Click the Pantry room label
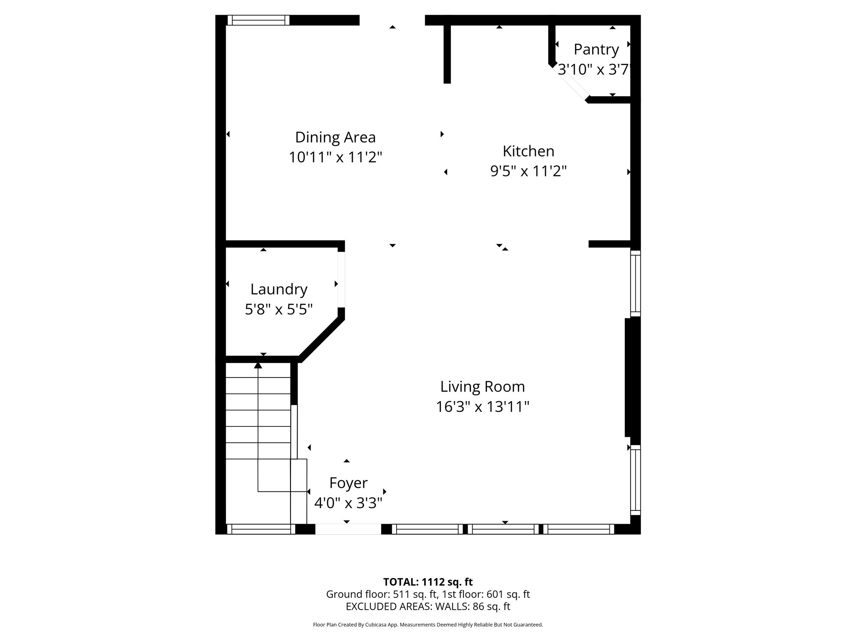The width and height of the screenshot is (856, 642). tap(596, 49)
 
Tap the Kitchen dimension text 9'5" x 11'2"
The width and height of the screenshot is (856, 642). tap(528, 171)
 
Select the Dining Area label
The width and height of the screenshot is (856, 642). tap(335, 137)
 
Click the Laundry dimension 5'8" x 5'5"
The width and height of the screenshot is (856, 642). tap(279, 309)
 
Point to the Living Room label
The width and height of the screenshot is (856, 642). tap(482, 387)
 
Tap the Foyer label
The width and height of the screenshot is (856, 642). tap(348, 483)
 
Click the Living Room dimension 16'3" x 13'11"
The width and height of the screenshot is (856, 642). tap(482, 407)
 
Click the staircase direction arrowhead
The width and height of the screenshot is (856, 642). tap(258, 365)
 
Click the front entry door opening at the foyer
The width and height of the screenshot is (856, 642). tap(348, 529)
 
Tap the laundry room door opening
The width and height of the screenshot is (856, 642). tap(341, 279)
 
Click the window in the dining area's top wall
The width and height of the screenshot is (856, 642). tap(258, 20)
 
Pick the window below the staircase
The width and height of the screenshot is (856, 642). tap(261, 529)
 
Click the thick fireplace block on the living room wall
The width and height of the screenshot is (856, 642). tap(632, 377)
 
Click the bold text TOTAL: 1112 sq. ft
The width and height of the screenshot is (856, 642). tap(428, 582)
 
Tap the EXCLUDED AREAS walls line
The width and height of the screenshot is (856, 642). tap(428, 606)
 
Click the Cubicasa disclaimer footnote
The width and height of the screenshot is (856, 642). tap(428, 625)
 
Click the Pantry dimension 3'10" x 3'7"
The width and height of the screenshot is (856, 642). tap(594, 69)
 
